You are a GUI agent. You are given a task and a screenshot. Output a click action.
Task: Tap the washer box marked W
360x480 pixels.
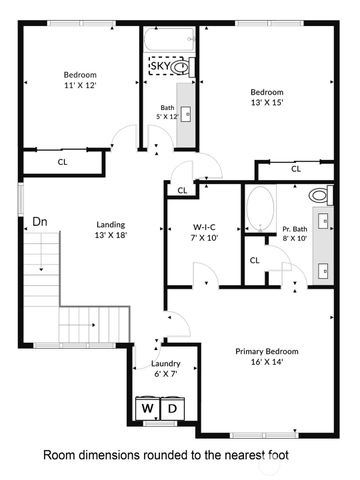(147, 409)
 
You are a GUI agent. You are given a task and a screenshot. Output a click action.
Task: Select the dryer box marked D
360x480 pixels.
(172, 409)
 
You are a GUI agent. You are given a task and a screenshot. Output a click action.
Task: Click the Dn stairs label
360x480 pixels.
(40, 221)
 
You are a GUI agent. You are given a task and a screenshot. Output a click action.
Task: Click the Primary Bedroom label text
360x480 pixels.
(267, 352)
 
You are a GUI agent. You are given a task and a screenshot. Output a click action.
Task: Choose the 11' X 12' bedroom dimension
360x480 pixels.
(81, 86)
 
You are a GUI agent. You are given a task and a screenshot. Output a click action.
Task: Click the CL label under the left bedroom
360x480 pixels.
(62, 160)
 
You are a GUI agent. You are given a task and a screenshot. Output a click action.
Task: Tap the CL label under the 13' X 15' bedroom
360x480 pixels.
(296, 170)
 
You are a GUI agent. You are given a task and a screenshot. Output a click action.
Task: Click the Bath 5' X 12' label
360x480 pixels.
(167, 112)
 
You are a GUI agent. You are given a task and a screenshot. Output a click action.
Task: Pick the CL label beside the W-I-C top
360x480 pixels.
(182, 190)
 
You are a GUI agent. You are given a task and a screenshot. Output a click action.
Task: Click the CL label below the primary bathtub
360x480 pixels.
(254, 260)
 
